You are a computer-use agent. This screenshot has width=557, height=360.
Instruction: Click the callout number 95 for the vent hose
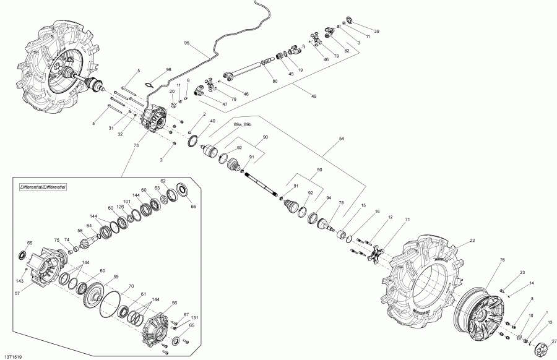tap(187, 43)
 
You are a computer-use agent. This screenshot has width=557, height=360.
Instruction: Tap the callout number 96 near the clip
tap(152, 70)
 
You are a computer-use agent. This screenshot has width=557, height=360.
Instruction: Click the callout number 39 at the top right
tap(376, 31)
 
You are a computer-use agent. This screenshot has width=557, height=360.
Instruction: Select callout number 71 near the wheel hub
tap(407, 220)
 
